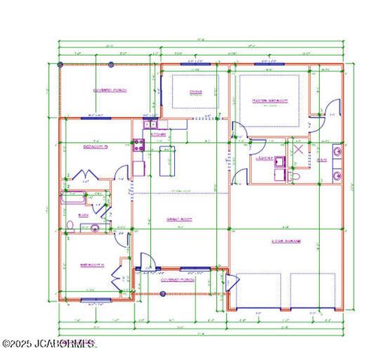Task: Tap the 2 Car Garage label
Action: coord(286,241)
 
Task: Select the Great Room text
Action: coord(181,219)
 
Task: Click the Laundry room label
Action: coord(263,157)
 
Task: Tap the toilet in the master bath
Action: coord(297,175)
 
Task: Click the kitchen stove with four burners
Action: coord(139,145)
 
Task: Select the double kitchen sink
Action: coord(149,124)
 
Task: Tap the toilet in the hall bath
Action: coord(69,226)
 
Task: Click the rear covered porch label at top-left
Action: coord(110,90)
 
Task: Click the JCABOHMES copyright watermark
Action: coord(49,343)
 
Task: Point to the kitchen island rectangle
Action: coord(166,159)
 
